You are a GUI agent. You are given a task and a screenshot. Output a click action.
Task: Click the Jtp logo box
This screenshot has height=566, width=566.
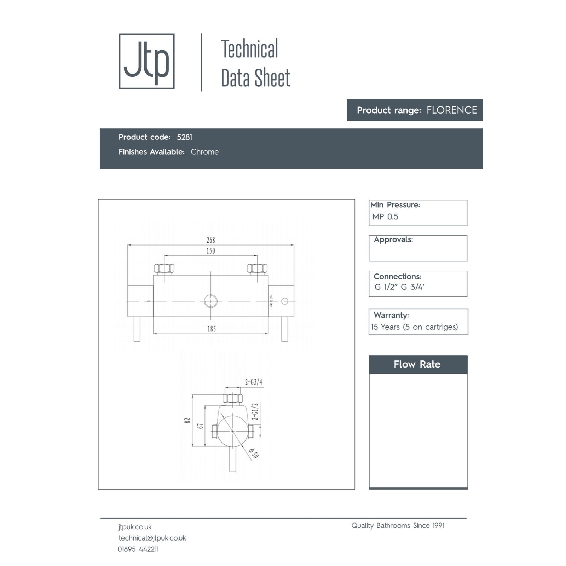tap(146, 61)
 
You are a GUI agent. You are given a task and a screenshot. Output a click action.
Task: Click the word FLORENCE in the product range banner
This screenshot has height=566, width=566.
tap(452, 110)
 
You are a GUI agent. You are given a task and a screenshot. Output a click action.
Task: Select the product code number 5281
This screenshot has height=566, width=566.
tap(185, 137)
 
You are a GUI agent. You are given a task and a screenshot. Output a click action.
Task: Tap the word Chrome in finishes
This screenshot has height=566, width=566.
tap(204, 152)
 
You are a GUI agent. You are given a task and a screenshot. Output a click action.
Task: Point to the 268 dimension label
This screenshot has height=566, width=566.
tap(211, 240)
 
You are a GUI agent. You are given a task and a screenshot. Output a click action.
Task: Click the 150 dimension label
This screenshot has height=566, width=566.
tap(211, 251)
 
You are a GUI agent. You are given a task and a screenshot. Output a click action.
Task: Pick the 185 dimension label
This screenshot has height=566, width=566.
tap(212, 329)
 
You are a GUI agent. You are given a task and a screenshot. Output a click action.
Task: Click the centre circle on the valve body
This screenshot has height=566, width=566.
tap(211, 301)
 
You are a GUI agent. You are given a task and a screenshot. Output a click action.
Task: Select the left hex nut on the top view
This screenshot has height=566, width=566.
tap(164, 268)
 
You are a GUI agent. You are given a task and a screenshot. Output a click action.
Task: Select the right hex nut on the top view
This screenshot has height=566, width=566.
tap(257, 268)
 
